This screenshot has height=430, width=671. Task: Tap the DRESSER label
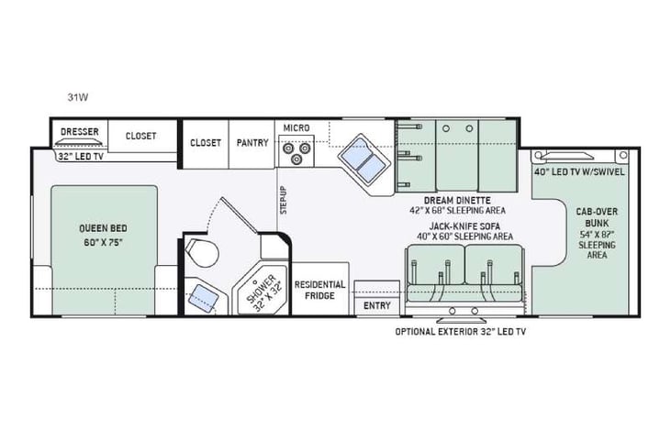coord(79,132)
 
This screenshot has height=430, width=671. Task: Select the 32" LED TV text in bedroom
coord(79,156)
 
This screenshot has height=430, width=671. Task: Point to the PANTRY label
coord(252,142)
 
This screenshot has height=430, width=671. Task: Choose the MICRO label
coord(295,127)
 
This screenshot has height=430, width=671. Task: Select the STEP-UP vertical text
coord(283,201)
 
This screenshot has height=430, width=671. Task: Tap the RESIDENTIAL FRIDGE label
coord(319,290)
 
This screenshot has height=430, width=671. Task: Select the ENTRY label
coord(376,305)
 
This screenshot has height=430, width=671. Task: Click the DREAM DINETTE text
coord(455,200)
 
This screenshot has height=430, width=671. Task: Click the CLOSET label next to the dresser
coord(140,136)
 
